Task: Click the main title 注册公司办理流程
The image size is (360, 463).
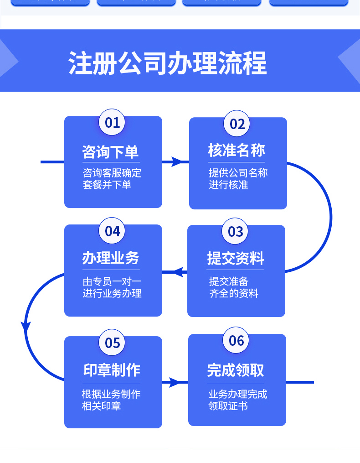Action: point(168,62)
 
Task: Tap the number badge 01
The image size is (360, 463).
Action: point(112,122)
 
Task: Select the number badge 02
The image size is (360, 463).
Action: point(237,124)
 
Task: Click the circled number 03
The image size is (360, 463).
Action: point(235,231)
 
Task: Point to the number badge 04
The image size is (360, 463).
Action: point(112,231)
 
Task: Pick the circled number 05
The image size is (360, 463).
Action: point(112,343)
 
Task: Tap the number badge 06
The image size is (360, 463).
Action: point(237,340)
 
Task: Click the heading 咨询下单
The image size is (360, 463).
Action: point(110,151)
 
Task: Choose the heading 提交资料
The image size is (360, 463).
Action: point(235,258)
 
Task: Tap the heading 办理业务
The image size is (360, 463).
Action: point(111,258)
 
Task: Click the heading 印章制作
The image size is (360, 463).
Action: point(112,370)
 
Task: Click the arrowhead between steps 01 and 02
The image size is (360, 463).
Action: point(176,161)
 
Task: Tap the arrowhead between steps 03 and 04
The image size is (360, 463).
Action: point(180,272)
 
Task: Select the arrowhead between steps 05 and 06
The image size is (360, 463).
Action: point(175,382)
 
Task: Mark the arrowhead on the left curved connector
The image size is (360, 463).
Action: point(26,327)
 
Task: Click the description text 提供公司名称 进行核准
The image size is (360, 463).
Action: point(238,179)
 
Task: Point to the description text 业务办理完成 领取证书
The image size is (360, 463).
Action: point(237,400)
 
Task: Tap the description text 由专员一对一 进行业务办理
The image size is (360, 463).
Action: point(112,287)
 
